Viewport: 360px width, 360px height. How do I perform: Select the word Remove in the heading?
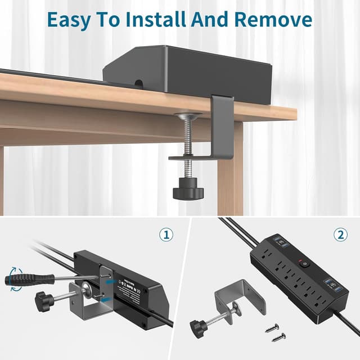(x=273, y=19)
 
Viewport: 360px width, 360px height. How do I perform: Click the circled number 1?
(x=165, y=235)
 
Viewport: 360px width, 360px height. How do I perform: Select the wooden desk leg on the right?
(x=230, y=169)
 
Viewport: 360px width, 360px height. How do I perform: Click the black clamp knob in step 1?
(x=44, y=300)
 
